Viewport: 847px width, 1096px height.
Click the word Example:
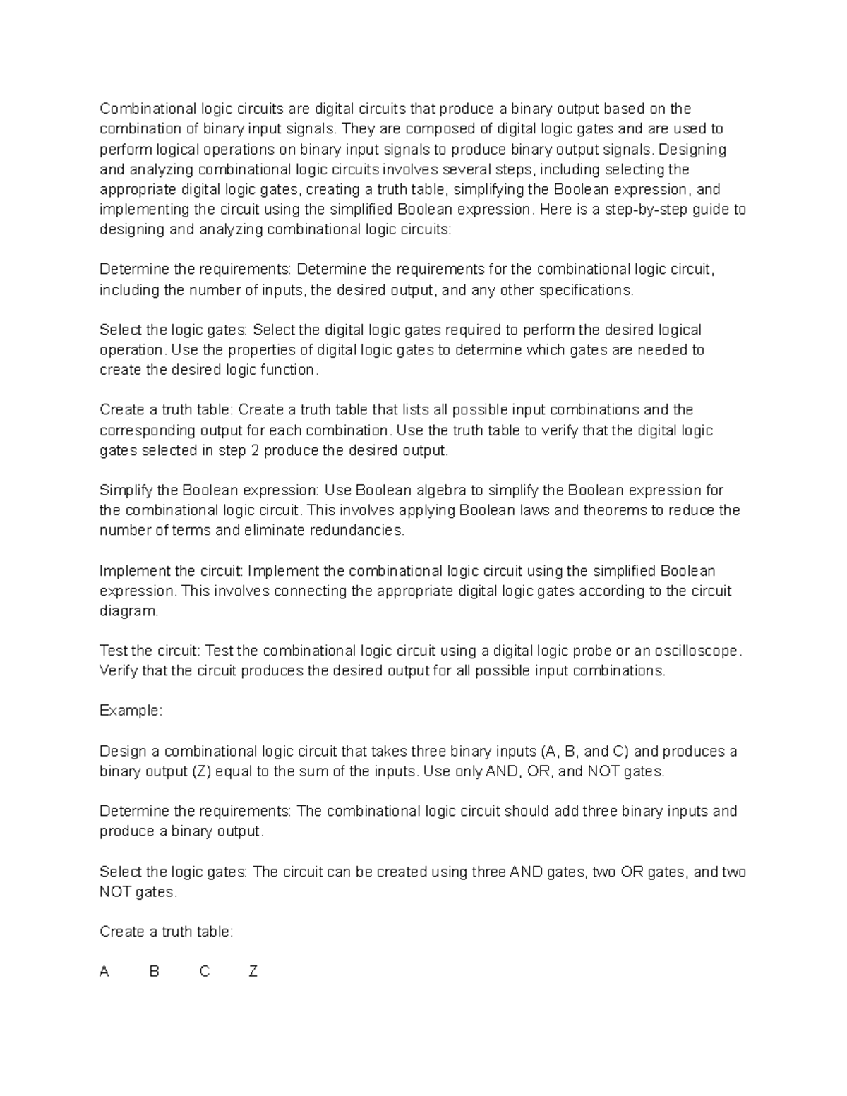131,711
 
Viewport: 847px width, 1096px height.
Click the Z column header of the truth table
253,972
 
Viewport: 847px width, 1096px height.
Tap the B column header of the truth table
154,972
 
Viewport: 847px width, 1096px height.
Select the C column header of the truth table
205,972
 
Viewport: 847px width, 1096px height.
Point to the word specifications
586,290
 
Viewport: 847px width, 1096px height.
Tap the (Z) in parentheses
200,771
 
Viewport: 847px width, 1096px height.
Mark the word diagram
129,611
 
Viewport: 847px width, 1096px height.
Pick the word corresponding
147,430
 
